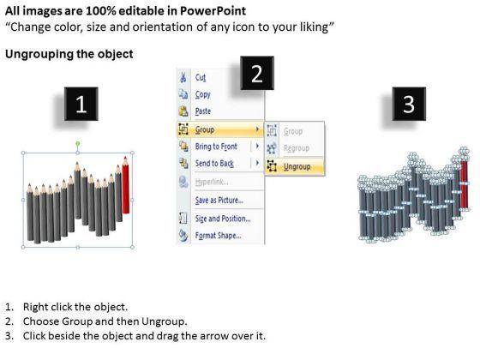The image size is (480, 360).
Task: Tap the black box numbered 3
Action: pos(408,105)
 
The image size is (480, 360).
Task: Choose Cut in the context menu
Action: pos(201,78)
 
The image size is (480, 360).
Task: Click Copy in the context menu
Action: pos(203,95)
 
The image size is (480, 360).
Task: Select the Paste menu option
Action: pos(204,111)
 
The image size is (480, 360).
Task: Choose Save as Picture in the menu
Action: pos(219,201)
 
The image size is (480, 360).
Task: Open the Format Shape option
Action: pos(219,235)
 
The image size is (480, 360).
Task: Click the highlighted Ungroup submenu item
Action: pos(297,166)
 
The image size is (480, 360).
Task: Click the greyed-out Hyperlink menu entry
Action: pos(213,183)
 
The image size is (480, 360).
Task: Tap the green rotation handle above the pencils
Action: pos(78,143)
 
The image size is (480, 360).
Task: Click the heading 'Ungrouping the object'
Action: pos(69,54)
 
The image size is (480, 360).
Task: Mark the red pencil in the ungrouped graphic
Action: pos(465,184)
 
